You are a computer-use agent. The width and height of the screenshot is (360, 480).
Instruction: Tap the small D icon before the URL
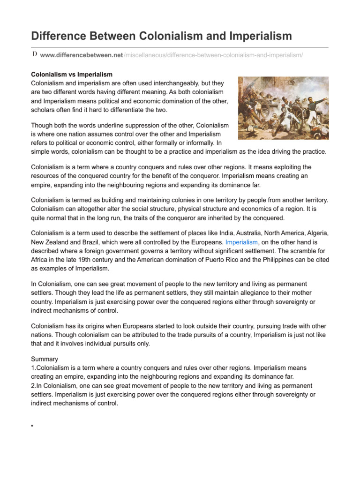click(x=34, y=55)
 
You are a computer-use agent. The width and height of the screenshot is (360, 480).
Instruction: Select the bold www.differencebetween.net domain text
click(x=82, y=55)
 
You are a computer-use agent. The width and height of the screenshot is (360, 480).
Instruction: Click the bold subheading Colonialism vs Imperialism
click(x=71, y=75)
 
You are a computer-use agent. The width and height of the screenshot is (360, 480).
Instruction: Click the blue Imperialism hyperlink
click(x=241, y=242)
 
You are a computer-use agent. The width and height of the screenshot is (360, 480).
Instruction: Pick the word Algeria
click(x=313, y=233)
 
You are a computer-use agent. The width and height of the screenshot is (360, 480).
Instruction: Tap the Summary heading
click(x=45, y=359)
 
